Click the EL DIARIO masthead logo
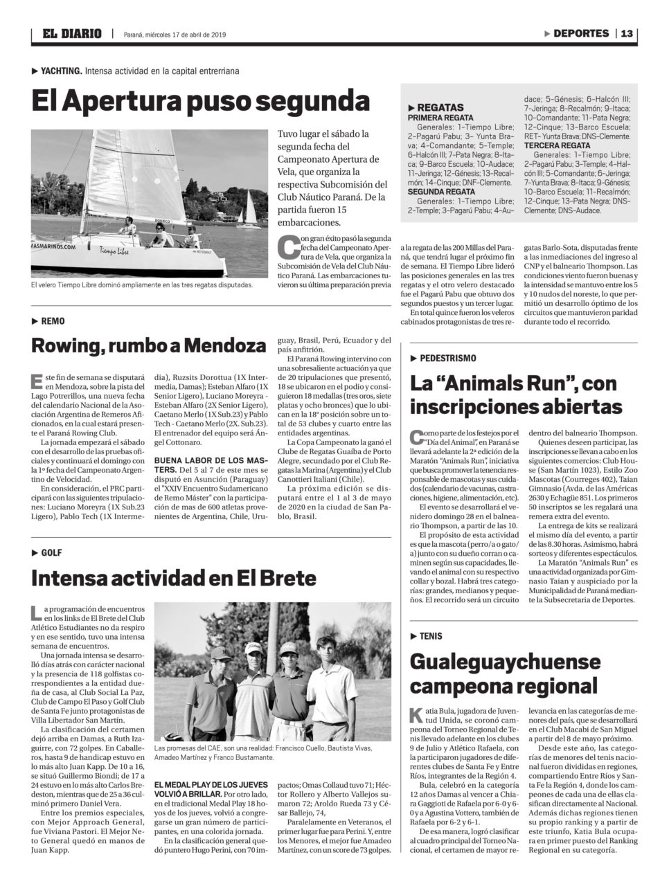pyautogui.click(x=71, y=33)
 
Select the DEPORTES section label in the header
pyautogui.click(x=580, y=33)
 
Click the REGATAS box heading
pyautogui.click(x=440, y=107)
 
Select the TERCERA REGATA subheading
pyautogui.click(x=557, y=146)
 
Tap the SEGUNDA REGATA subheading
pyautogui.click(x=441, y=191)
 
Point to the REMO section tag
pyautogui.click(x=53, y=321)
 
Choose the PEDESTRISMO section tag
pyautogui.click(x=446, y=358)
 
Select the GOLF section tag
pyautogui.click(x=51, y=552)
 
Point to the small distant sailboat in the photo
pyautogui.click(x=250, y=209)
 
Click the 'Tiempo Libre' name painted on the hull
pyautogui.click(x=114, y=250)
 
